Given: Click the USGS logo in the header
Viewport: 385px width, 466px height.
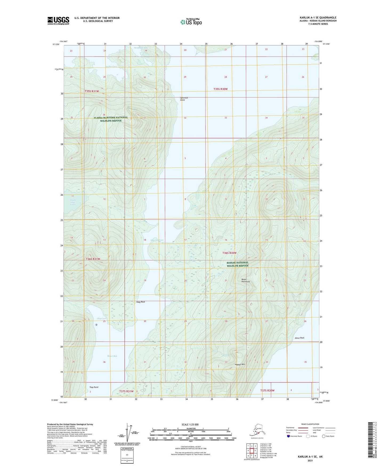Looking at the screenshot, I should [x=58, y=21].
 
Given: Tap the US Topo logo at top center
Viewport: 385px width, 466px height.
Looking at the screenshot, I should [x=191, y=22].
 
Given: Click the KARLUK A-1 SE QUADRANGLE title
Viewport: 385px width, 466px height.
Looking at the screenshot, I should [x=318, y=18].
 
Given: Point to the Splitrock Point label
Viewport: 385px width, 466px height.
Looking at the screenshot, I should [x=184, y=99].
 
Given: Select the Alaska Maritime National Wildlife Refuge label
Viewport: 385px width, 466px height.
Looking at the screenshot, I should [x=111, y=119].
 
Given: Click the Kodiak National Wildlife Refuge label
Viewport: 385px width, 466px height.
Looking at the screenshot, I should [x=237, y=264].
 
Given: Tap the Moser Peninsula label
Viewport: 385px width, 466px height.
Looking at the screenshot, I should [x=245, y=281].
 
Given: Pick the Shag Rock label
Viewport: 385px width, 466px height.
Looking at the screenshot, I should [x=140, y=302].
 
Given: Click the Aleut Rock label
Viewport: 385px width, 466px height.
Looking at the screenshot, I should [x=299, y=338].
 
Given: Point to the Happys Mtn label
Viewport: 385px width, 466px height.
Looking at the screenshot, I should [x=240, y=364].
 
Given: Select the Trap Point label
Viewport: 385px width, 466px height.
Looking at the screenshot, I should [x=94, y=387].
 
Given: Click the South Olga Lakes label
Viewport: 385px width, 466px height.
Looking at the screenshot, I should [x=73, y=202].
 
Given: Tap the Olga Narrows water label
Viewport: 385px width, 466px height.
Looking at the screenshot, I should [x=157, y=240].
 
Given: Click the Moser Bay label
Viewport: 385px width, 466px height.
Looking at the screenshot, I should [x=112, y=356].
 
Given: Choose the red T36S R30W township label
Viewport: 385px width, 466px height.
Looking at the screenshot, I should [x=229, y=253].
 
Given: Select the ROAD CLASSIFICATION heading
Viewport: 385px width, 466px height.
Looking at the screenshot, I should [x=310, y=424].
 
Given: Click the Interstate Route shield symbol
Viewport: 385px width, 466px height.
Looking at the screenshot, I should [x=289, y=436].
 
